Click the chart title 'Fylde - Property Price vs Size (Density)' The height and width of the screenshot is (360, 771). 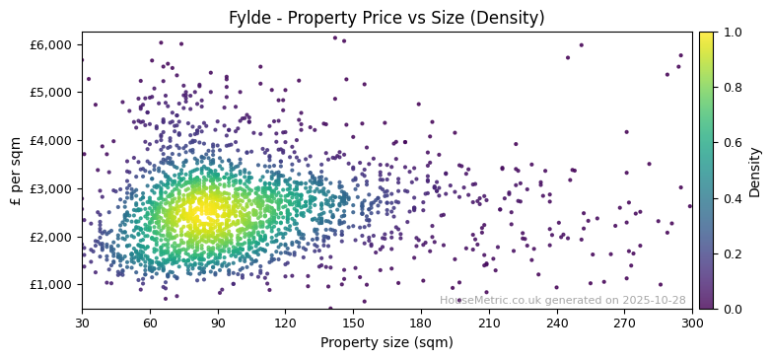[x=386, y=18]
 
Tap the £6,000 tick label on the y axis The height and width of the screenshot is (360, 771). [x=51, y=44]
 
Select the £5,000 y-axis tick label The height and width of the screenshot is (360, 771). [x=51, y=93]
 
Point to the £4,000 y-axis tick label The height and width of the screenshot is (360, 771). [x=51, y=141]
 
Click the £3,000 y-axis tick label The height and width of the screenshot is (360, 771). [x=51, y=188]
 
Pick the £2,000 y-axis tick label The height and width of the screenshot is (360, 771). [x=51, y=237]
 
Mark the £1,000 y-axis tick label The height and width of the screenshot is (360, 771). [x=51, y=285]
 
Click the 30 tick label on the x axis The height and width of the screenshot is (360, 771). [x=82, y=323]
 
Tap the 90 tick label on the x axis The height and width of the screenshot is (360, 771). [x=218, y=323]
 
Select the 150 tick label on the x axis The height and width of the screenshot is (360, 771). [x=353, y=323]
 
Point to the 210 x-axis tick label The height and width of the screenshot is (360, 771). [x=489, y=323]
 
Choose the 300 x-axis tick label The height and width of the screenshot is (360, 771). [x=692, y=323]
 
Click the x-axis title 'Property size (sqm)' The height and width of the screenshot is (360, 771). [x=386, y=342]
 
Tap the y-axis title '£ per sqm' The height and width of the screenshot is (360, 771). [x=17, y=171]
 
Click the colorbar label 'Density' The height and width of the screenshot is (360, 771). [x=755, y=171]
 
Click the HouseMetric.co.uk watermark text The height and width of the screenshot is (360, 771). [x=562, y=300]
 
